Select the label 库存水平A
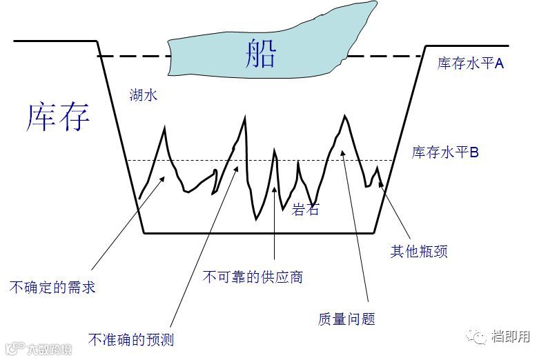click(x=471, y=63)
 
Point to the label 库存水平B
click(x=445, y=152)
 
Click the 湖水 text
click(x=144, y=94)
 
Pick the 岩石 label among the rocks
click(x=306, y=210)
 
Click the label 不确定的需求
click(x=52, y=286)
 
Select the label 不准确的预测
click(x=131, y=339)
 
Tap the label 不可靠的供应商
click(x=253, y=277)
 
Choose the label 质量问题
click(x=346, y=319)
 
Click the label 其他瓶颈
click(x=419, y=252)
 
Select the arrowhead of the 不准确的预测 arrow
click(x=235, y=166)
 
